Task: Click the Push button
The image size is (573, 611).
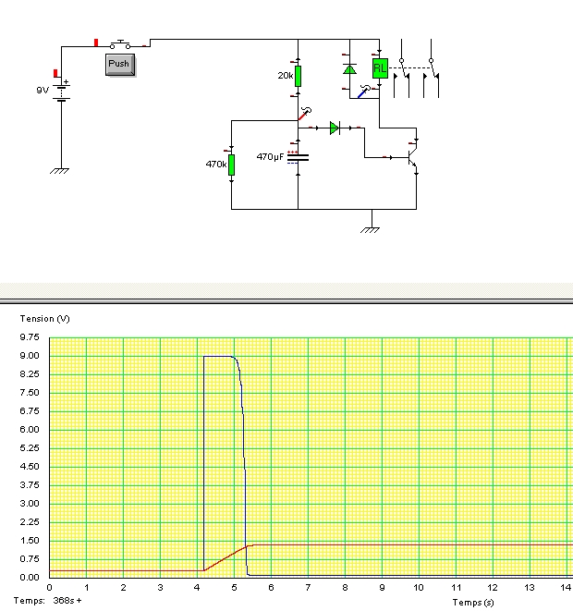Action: [120, 65]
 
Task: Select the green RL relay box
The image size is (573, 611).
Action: [380, 68]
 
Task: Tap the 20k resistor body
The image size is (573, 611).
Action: [298, 76]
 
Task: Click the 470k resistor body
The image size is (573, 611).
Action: [231, 165]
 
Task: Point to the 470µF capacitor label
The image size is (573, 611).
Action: [270, 156]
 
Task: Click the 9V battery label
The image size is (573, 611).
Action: [43, 91]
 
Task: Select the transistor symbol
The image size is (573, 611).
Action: [412, 157]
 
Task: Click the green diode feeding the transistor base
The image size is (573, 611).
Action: [335, 128]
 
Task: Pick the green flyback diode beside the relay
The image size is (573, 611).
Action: [349, 69]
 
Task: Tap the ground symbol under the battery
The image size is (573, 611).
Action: [59, 171]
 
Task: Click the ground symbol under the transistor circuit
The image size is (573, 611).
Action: [370, 230]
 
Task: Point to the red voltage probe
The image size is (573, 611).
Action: [305, 114]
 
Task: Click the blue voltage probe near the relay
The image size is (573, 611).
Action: [364, 92]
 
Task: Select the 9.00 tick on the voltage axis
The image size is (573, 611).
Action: [30, 356]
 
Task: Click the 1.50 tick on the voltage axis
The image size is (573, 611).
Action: [30, 541]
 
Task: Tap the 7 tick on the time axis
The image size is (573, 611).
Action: [308, 588]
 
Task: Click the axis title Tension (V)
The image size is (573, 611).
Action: [44, 319]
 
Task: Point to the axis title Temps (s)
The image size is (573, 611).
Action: [473, 603]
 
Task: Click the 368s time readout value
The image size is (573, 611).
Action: [64, 601]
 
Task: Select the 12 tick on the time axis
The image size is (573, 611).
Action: [493, 588]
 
